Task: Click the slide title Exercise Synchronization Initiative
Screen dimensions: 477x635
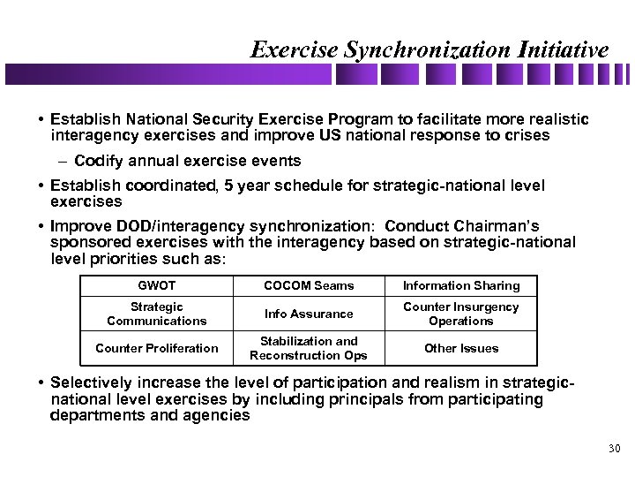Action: pyautogui.click(x=430, y=49)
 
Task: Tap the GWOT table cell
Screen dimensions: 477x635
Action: pyautogui.click(x=156, y=285)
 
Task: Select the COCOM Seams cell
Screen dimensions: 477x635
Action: pyautogui.click(x=309, y=285)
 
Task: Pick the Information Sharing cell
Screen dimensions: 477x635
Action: pyautogui.click(x=461, y=285)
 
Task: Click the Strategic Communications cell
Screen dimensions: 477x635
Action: pyautogui.click(x=156, y=314)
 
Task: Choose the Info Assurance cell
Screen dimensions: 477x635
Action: pyautogui.click(x=309, y=314)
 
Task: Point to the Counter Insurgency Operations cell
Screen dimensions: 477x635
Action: pyautogui.click(x=461, y=314)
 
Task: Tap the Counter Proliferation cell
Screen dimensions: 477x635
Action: pyautogui.click(x=156, y=348)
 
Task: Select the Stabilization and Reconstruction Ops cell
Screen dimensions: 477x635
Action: pyautogui.click(x=309, y=348)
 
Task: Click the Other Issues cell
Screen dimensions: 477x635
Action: pyautogui.click(x=461, y=348)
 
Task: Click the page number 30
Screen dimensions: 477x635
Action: pyautogui.click(x=615, y=450)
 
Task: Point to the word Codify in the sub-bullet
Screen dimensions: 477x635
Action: pyautogui.click(x=100, y=161)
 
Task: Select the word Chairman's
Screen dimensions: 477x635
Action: pyautogui.click(x=500, y=227)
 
